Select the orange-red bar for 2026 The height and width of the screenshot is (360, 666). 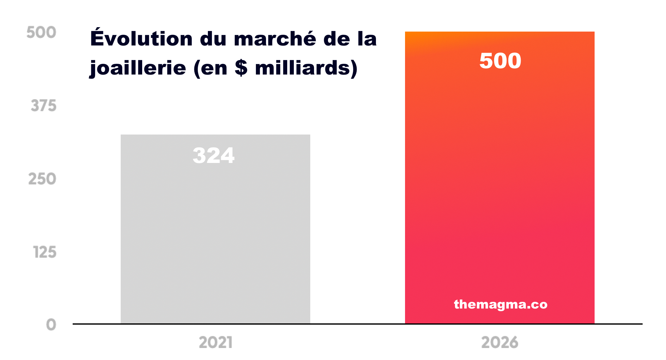[499, 189]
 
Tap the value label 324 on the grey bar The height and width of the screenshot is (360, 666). [214, 155]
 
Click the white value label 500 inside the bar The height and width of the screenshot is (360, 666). [500, 61]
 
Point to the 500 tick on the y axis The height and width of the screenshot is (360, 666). [41, 32]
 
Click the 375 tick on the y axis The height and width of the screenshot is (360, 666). [44, 105]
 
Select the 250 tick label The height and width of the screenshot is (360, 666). [42, 179]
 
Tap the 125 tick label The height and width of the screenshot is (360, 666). [45, 252]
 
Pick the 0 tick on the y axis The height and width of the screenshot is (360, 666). [51, 325]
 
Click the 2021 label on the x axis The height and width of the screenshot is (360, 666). [216, 342]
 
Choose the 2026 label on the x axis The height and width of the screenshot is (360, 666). [499, 342]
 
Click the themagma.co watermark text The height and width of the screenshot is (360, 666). [500, 304]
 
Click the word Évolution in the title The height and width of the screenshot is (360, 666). [141, 39]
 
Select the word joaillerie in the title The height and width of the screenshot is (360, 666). [138, 68]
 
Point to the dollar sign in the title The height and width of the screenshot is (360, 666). [241, 68]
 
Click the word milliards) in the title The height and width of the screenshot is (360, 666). [306, 68]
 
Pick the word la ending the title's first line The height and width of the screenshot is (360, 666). [367, 39]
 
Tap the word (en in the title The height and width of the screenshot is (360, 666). [210, 68]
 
